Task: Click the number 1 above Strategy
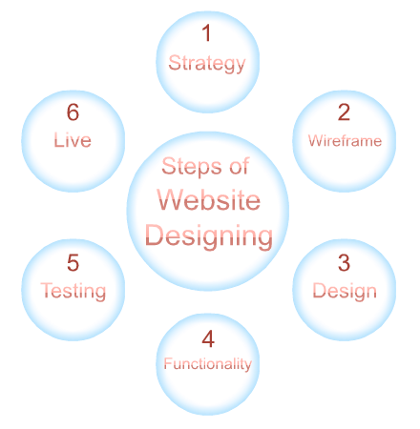pyautogui.click(x=207, y=32)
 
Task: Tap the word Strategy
pyautogui.click(x=207, y=63)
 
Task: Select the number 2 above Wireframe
pyautogui.click(x=344, y=112)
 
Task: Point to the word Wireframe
pyautogui.click(x=345, y=140)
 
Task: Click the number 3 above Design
pyautogui.click(x=344, y=263)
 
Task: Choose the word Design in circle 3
pyautogui.click(x=345, y=291)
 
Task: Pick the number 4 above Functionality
pyautogui.click(x=208, y=338)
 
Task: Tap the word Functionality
pyautogui.click(x=208, y=364)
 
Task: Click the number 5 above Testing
pyautogui.click(x=73, y=263)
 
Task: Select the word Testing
pyautogui.click(x=73, y=291)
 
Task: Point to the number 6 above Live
pyautogui.click(x=73, y=112)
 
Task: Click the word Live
pyautogui.click(x=73, y=140)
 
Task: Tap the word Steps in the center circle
pyautogui.click(x=192, y=167)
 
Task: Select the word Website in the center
pyautogui.click(x=209, y=199)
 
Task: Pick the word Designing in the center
pyautogui.click(x=209, y=236)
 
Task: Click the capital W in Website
pyautogui.click(x=171, y=199)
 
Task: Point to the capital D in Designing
pyautogui.click(x=155, y=235)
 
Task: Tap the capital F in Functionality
pyautogui.click(x=168, y=363)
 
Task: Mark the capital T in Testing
pyautogui.click(x=47, y=290)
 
